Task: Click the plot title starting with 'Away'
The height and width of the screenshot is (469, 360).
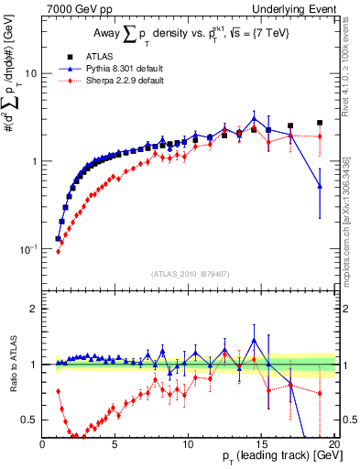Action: [189, 35]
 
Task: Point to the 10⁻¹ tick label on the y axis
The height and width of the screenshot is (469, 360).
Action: [27, 249]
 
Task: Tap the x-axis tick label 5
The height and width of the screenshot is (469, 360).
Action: [115, 442]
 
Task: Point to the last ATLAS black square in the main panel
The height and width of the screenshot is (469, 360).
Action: [320, 122]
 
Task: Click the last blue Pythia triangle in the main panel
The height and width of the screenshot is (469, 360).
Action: [320, 186]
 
